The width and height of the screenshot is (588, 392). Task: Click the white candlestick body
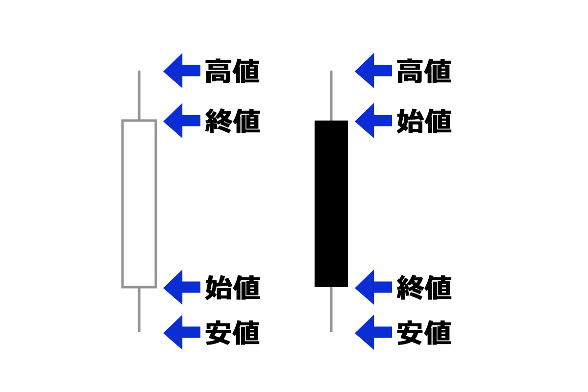point(139,203)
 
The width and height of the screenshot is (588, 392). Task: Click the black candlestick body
point(331,203)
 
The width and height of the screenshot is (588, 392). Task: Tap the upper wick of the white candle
point(139,96)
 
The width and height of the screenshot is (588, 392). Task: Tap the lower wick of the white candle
point(139,310)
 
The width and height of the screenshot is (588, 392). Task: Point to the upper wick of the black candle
point(331,96)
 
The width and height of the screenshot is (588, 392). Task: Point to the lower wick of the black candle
point(331,310)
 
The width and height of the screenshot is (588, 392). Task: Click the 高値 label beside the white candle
point(232,71)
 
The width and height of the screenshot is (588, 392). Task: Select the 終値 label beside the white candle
point(232,121)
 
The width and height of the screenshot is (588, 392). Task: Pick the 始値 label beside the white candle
point(232,288)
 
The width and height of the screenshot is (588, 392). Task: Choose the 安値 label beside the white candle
point(232,333)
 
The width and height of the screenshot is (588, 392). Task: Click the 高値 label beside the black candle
point(424,71)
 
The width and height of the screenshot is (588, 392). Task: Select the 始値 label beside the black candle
point(424,121)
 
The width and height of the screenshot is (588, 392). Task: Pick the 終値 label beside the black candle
point(424,288)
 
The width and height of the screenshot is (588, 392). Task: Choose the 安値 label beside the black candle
point(424,333)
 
